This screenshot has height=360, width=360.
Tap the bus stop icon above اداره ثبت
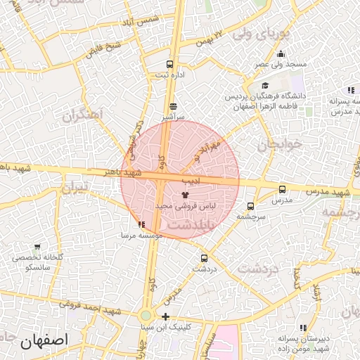(x=169, y=65)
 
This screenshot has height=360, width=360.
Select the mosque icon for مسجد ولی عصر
(x=281, y=55)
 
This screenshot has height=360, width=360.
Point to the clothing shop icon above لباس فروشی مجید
(x=186, y=194)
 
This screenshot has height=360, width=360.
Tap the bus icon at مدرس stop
(x=282, y=189)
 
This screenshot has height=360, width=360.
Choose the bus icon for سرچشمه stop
(x=250, y=206)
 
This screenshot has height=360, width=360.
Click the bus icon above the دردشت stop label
(x=204, y=257)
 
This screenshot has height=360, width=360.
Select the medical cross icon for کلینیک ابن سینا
(x=165, y=316)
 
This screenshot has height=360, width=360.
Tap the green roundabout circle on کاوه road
(x=145, y=316)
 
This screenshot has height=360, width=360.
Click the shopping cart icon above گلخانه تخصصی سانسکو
(x=37, y=247)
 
